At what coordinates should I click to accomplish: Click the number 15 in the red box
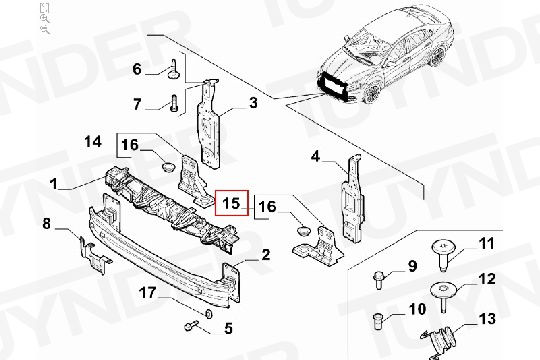pyautogui.click(x=231, y=203)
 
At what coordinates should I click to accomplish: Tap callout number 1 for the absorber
pyautogui.click(x=54, y=184)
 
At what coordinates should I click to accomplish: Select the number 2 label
pyautogui.click(x=266, y=255)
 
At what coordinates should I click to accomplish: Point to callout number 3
pyautogui.click(x=253, y=103)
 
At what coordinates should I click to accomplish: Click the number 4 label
pyautogui.click(x=315, y=157)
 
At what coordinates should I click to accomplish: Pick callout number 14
pyautogui.click(x=93, y=141)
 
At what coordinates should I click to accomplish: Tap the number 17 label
pyautogui.click(x=148, y=293)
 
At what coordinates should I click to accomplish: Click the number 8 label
pyautogui.click(x=46, y=224)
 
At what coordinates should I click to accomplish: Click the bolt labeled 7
pyautogui.click(x=174, y=103)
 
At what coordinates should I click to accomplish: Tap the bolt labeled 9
pyautogui.click(x=378, y=280)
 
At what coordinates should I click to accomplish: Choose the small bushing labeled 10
pyautogui.click(x=378, y=321)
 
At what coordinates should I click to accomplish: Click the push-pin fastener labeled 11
pyautogui.click(x=444, y=255)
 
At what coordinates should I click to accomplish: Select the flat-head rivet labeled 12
pyautogui.click(x=443, y=296)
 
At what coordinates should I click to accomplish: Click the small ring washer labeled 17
pyautogui.click(x=208, y=314)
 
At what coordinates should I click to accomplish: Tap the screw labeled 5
pyautogui.click(x=191, y=325)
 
